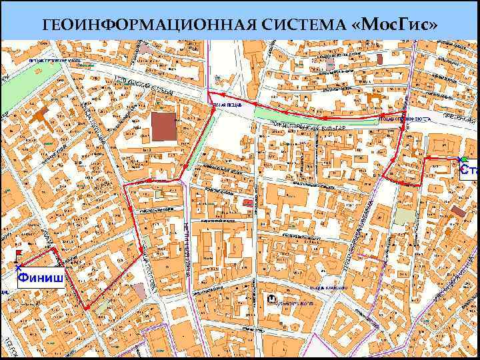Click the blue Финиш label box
coord(40,275)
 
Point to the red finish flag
coord(19,254)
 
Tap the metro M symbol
coord(271,299)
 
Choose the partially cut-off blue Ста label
coord(469,170)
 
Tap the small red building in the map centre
coord(247,201)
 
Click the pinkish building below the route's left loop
coord(139,291)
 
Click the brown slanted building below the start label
coord(458,211)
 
